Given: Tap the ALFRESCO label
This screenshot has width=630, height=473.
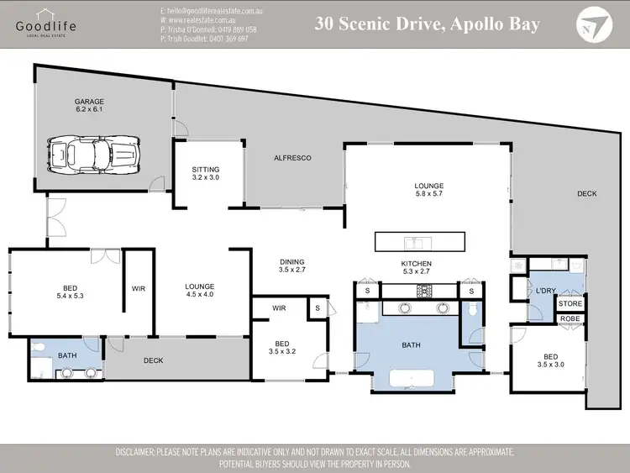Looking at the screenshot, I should click(x=292, y=157).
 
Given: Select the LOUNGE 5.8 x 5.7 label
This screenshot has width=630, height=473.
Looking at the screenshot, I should click(x=428, y=190).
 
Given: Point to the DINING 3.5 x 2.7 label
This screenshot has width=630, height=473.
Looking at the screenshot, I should click(x=291, y=265).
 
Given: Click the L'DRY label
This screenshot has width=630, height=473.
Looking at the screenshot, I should click(x=546, y=291).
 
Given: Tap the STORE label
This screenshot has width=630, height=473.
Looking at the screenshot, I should click(x=570, y=304).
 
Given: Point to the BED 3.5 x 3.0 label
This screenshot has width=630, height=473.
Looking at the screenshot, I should click(x=552, y=360).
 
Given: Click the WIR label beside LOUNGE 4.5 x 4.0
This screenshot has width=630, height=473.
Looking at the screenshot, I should click(x=139, y=289).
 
